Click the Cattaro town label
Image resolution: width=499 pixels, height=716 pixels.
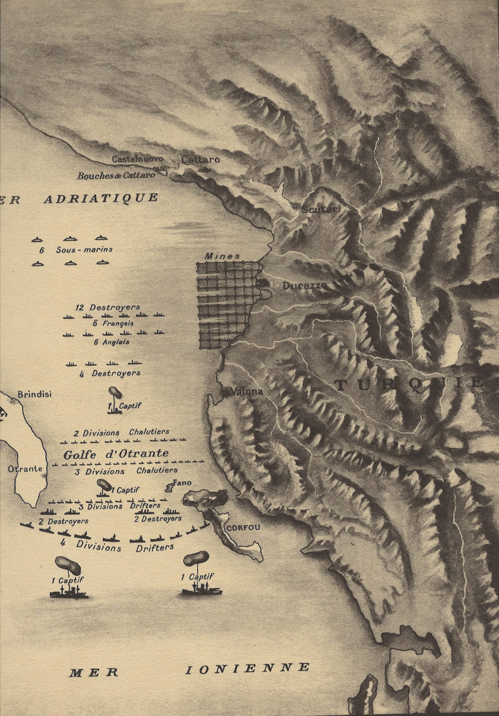coord(200,160)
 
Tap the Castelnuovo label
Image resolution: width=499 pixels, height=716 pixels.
coord(138,159)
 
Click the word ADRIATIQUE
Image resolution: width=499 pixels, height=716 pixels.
coord(100,198)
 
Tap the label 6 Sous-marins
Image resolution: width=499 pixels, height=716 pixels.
coord(76,250)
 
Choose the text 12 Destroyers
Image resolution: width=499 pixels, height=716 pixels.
coord(108,307)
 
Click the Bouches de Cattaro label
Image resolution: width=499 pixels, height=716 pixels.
coord(116,175)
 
